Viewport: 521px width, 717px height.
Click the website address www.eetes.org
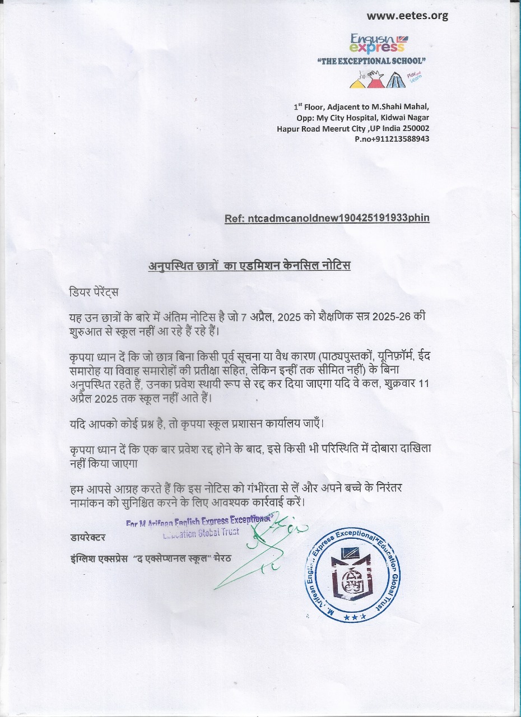point(407,16)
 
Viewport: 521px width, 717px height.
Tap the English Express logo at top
point(378,43)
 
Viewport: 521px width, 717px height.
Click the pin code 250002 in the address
point(416,128)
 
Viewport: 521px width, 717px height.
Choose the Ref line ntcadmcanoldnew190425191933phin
point(327,218)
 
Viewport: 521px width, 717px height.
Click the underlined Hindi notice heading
point(249,266)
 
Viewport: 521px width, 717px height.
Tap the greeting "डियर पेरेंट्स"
point(94,292)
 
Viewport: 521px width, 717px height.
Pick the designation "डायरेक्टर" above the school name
point(88,538)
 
